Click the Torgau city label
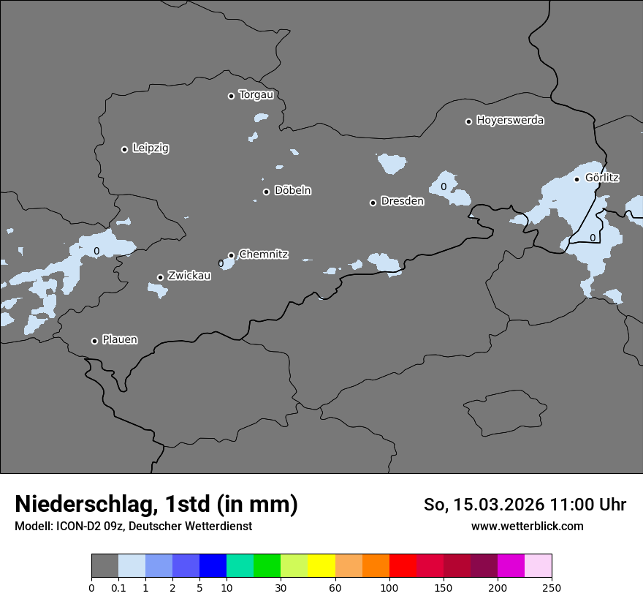[256, 95]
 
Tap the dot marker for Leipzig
[125, 149]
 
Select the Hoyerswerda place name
[510, 120]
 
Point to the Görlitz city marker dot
[577, 179]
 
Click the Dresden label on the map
[402, 201]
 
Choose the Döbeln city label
[292, 191]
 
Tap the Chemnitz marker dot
[231, 255]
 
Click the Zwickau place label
[189, 276]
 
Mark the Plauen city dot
[94, 341]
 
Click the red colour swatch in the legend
[403, 566]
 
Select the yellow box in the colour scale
[321, 566]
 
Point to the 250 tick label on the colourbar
[552, 587]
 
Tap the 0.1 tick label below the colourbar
[118, 587]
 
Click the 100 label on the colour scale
[389, 587]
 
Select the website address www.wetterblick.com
[527, 526]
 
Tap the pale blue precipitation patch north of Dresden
[392, 163]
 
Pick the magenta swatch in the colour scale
[511, 566]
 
